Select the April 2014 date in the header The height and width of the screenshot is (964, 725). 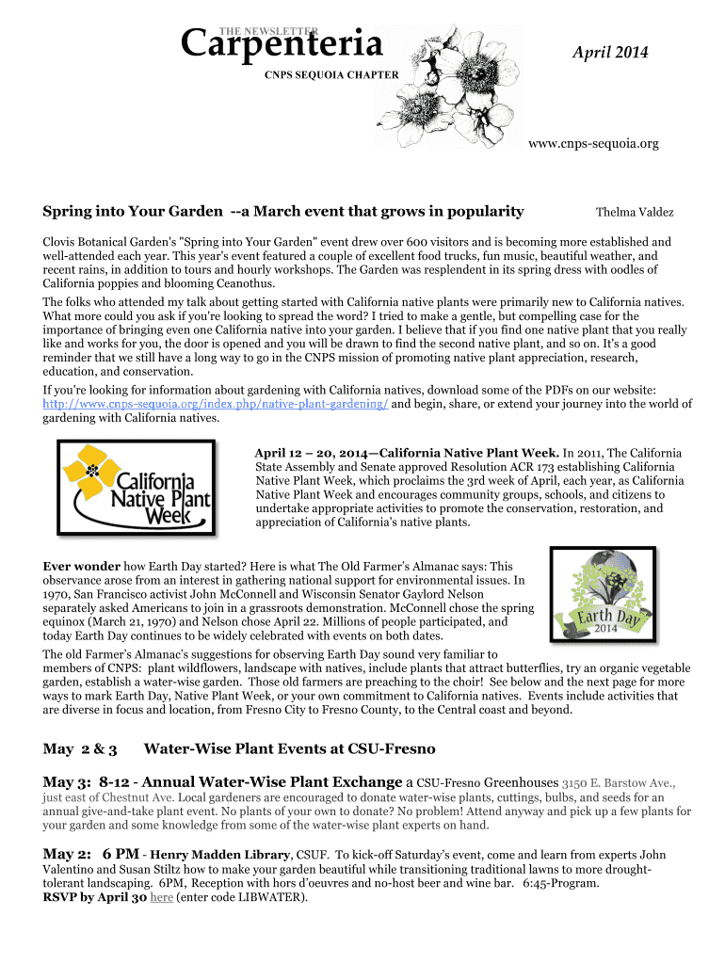click(610, 54)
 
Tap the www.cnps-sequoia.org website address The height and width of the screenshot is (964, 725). click(593, 144)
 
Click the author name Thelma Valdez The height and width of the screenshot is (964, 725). click(635, 213)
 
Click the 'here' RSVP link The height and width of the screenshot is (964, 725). click(162, 897)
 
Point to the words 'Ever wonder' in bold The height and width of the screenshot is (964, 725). click(82, 567)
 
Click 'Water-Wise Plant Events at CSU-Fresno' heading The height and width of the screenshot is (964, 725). click(289, 749)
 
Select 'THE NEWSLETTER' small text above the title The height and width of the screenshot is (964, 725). click(273, 30)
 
